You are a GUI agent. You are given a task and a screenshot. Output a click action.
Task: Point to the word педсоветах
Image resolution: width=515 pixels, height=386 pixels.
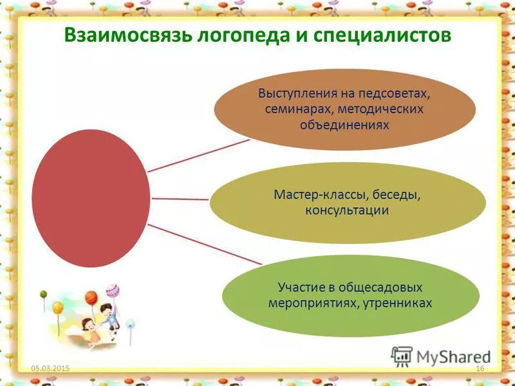tap(400, 93)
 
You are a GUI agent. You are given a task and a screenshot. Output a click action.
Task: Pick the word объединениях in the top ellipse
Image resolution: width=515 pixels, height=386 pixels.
tap(344, 125)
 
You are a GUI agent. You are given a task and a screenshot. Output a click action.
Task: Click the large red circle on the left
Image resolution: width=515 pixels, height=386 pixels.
tap(91, 198)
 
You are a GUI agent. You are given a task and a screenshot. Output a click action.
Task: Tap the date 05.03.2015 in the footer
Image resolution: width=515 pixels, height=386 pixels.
tap(50, 367)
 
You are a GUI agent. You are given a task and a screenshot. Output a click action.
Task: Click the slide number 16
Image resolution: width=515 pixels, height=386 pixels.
tap(479, 367)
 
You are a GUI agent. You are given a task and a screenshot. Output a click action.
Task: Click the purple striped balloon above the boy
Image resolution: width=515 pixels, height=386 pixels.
tap(113, 290)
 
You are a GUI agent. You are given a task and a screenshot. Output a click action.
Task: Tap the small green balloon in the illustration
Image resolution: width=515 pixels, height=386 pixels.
tap(44, 294)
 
